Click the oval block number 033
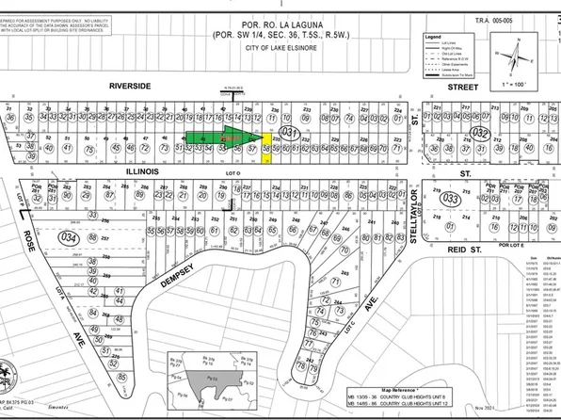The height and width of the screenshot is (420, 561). (450, 200)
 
